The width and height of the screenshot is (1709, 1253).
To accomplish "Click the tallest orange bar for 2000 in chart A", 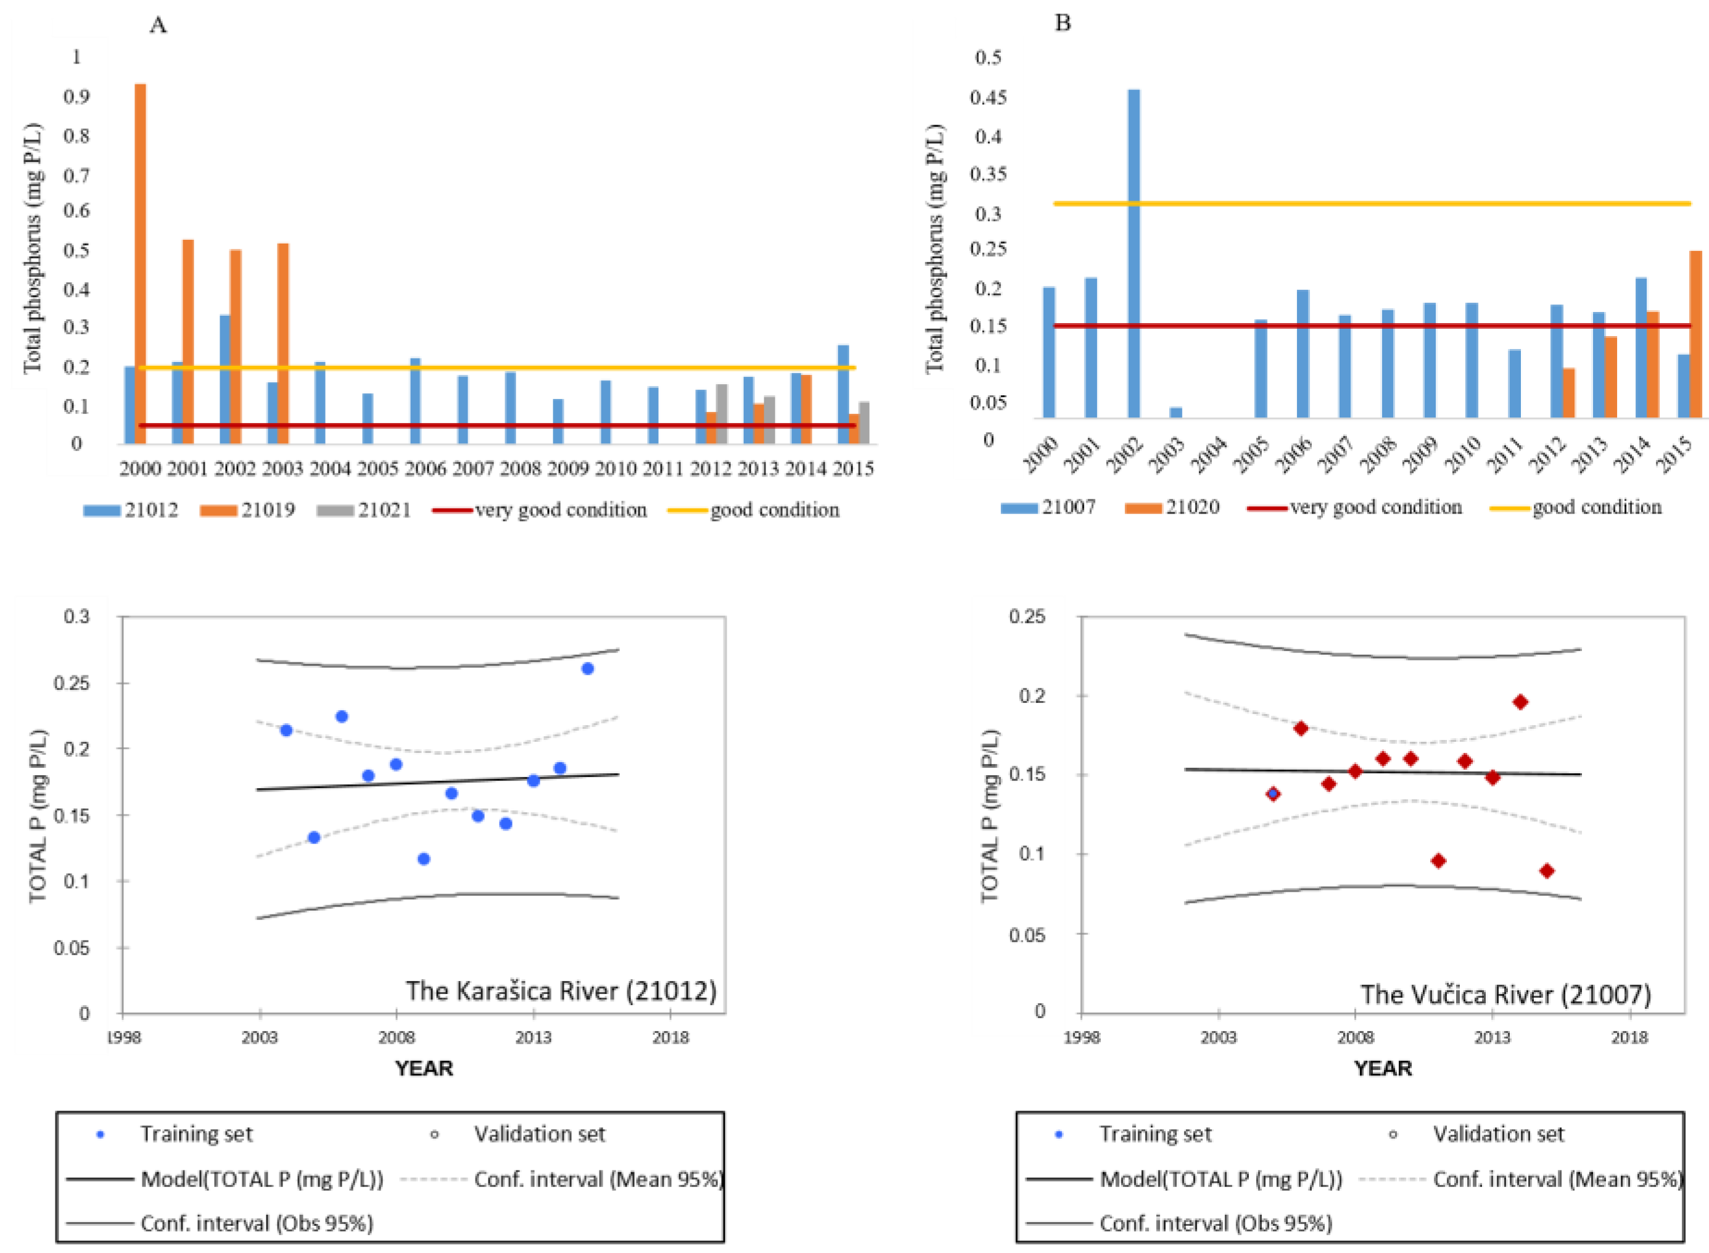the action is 141,264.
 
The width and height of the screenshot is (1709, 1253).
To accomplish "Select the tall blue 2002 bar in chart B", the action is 1133,253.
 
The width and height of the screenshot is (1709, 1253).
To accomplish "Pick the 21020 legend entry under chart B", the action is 1172,507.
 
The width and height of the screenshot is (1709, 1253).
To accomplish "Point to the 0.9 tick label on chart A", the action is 76,96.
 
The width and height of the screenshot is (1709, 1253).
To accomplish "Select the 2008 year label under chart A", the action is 521,469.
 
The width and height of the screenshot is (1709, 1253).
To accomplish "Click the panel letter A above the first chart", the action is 158,25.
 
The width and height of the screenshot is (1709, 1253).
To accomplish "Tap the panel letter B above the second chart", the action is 1063,23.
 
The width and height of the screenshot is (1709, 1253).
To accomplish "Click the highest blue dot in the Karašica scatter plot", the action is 587,668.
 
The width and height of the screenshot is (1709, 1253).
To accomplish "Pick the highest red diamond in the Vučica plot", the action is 1520,702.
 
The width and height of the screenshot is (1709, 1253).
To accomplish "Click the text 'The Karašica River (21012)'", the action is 561,990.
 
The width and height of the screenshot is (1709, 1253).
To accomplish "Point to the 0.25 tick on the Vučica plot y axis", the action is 1026,616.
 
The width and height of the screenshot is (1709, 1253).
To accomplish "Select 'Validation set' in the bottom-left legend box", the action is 539,1134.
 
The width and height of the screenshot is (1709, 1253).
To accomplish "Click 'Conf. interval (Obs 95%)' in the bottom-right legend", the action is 1216,1223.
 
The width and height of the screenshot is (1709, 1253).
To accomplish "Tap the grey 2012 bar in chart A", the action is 722,414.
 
